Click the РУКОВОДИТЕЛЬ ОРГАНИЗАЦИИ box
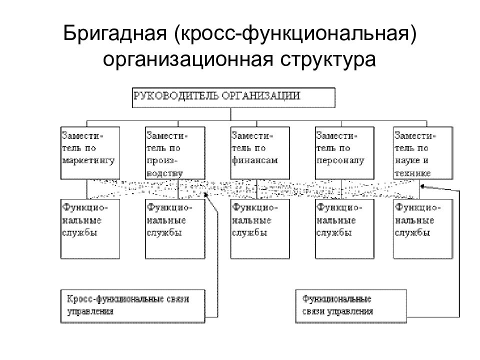pyautogui.click(x=233, y=97)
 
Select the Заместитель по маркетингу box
pyautogui.click(x=90, y=153)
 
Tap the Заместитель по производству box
pyautogui.click(x=175, y=153)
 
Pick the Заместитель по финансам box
pyautogui.click(x=260, y=153)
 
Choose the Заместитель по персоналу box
pyautogui.click(x=344, y=153)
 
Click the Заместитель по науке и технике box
pyautogui.click(x=423, y=153)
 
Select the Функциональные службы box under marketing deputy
pyautogui.click(x=90, y=229)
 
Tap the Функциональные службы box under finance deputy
pyautogui.click(x=260, y=229)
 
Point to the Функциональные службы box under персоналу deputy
pyautogui.click(x=344, y=229)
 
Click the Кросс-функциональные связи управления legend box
pyautogui.click(x=132, y=306)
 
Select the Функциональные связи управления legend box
pyautogui.click(x=351, y=306)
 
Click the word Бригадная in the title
pyautogui.click(x=115, y=33)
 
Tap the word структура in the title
pyautogui.click(x=328, y=60)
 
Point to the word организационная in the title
pyautogui.click(x=188, y=60)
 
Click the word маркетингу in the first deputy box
pyautogui.click(x=88, y=160)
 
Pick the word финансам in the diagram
pyautogui.click(x=255, y=160)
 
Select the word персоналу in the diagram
pyautogui.click(x=340, y=160)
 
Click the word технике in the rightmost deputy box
pyautogui.click(x=412, y=173)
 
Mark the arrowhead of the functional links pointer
pyautogui.click(x=422, y=186)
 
